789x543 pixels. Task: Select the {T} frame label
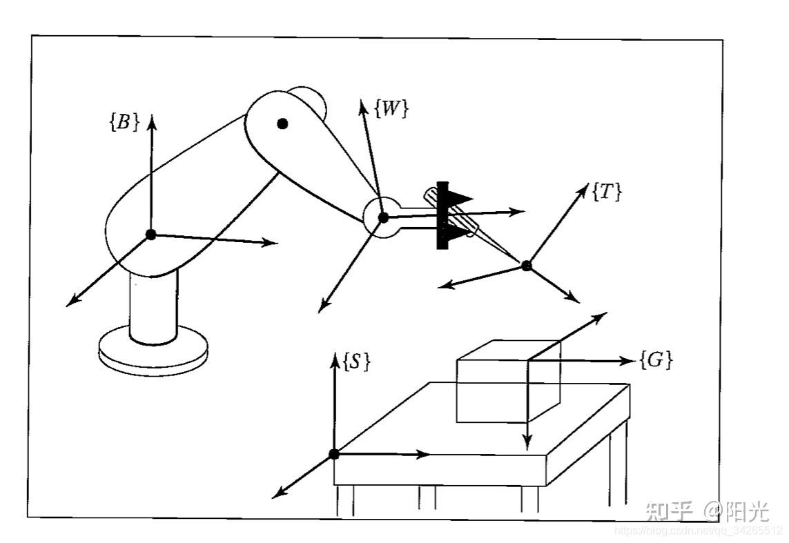607,192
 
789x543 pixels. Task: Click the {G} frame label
656,359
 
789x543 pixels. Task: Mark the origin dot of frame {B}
151,234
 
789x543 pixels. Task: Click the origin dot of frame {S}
334,453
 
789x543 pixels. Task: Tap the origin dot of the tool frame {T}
527,265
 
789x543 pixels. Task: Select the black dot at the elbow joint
282,124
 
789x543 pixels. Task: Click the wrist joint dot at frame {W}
384,218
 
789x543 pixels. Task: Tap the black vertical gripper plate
442,215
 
